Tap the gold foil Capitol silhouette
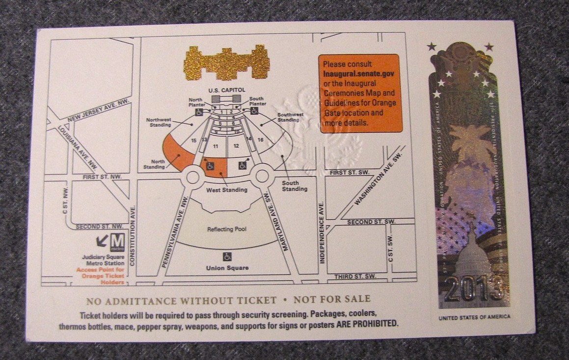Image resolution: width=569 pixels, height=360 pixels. [x=226, y=62]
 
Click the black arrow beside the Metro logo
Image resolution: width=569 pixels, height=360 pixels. [x=102, y=241]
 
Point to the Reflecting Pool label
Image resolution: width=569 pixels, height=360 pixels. [x=226, y=229]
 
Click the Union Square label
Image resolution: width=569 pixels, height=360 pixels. [x=227, y=268]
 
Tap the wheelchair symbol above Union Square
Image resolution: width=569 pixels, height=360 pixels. [x=227, y=256]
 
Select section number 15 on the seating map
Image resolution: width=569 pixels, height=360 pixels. [x=194, y=141]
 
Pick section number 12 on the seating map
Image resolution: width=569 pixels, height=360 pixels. [x=236, y=146]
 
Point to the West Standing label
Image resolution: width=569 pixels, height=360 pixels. [x=226, y=190]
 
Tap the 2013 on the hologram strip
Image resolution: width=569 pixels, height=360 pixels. [x=474, y=289]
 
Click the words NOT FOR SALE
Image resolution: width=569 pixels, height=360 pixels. [x=332, y=299]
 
